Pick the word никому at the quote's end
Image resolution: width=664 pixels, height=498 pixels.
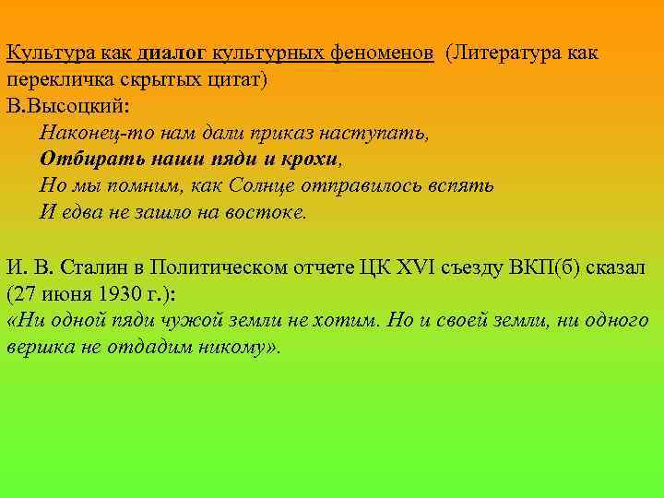pos(231,348)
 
